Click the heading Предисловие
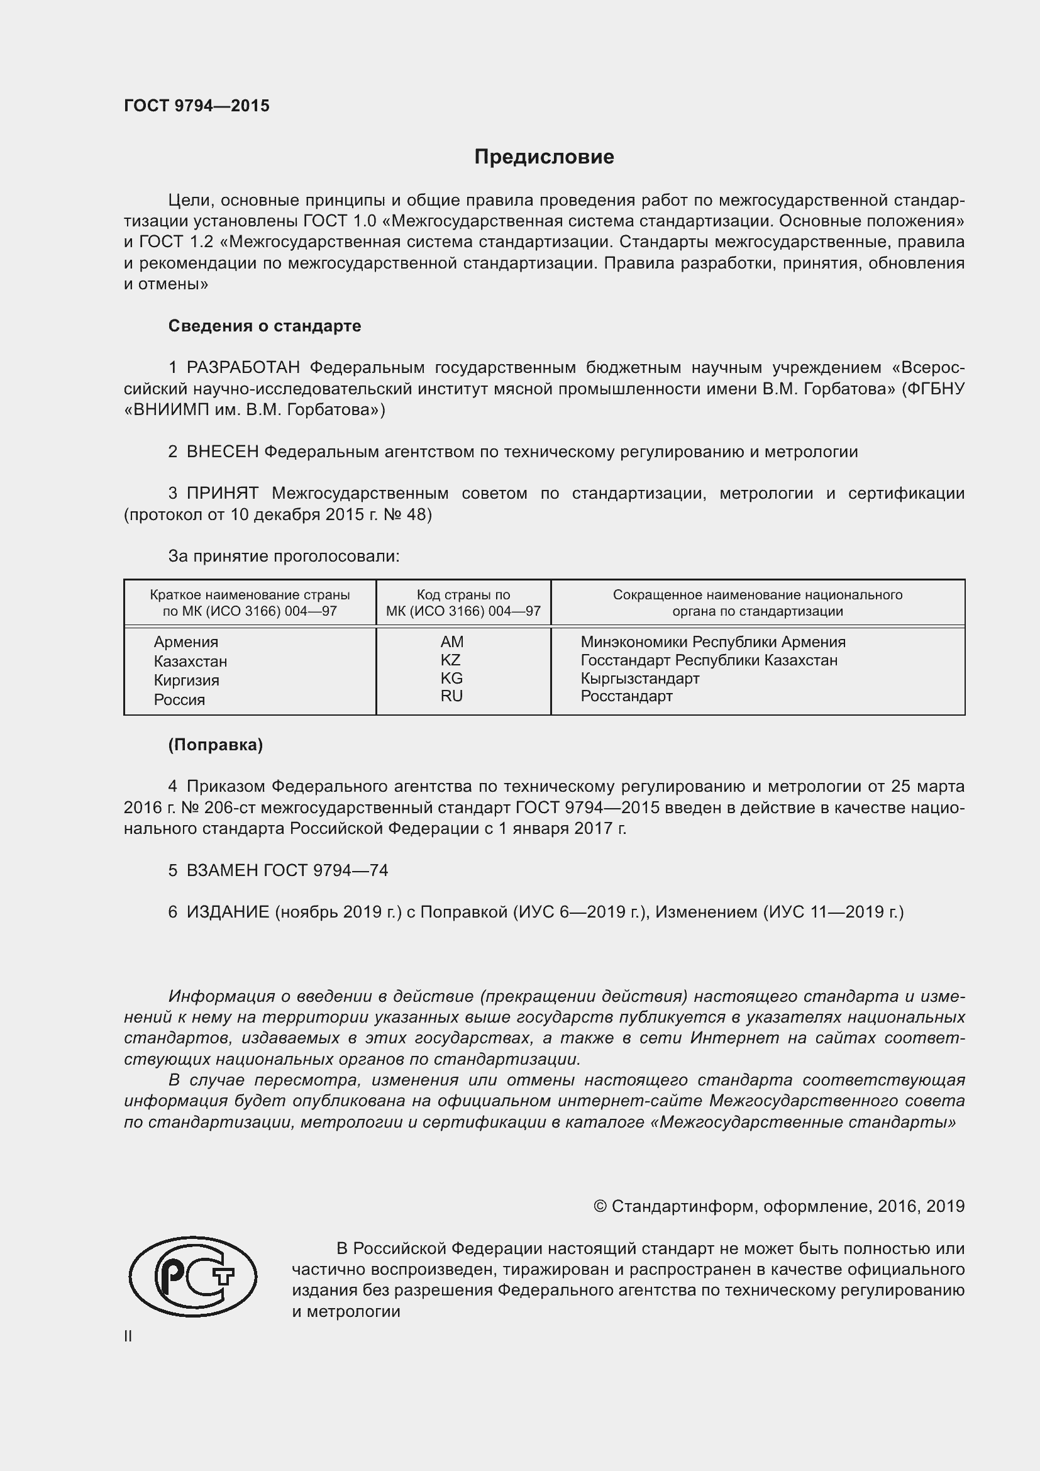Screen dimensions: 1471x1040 click(x=544, y=157)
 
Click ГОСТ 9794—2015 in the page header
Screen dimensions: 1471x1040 click(x=197, y=106)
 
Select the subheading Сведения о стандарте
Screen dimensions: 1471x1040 click(x=265, y=326)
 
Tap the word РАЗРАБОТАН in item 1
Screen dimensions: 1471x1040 click(x=243, y=368)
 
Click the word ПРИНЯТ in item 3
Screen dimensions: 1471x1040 click(x=222, y=493)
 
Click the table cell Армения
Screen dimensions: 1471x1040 click(x=185, y=642)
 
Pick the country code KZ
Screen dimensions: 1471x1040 click(x=451, y=660)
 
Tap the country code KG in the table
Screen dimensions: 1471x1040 click(x=451, y=678)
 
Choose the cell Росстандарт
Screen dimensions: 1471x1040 click(x=626, y=696)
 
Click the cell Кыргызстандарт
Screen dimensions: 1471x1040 click(x=639, y=679)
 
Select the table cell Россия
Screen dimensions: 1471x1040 click(x=179, y=699)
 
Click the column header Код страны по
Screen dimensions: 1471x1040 click(x=463, y=594)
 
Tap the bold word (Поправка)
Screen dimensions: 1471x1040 click(x=215, y=745)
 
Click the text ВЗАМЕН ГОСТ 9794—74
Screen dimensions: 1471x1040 click(x=287, y=870)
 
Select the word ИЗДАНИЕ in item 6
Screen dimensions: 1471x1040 click(x=228, y=912)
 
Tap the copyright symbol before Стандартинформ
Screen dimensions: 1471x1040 click(x=600, y=1206)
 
